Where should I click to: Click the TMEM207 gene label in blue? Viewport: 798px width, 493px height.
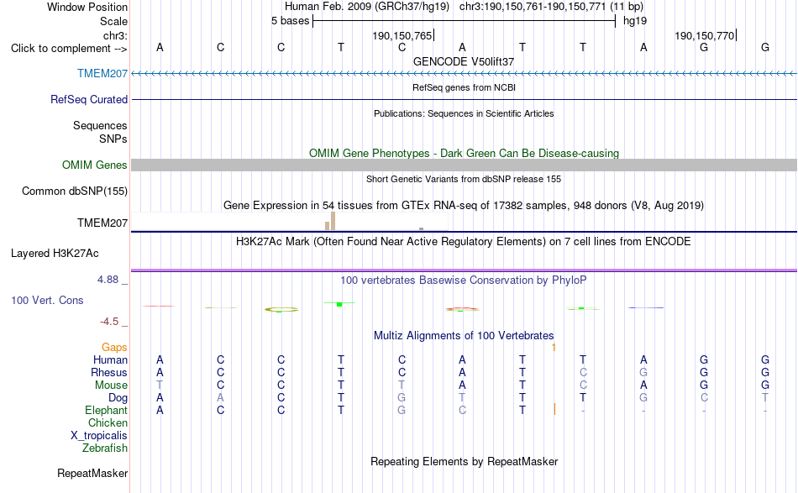(x=102, y=74)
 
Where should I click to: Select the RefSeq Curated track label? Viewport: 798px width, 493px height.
(x=89, y=100)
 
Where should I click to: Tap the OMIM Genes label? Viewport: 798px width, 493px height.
(x=95, y=165)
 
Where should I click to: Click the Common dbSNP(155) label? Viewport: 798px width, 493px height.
(x=75, y=191)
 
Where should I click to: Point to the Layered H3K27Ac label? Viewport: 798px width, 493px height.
(x=55, y=254)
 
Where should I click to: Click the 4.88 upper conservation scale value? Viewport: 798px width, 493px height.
(x=108, y=280)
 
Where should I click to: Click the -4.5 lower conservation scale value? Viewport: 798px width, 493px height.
(x=109, y=322)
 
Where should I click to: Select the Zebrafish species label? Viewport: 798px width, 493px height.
(x=105, y=448)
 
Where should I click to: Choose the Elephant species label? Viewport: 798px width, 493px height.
(x=107, y=411)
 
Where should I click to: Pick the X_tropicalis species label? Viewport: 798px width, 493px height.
(x=99, y=436)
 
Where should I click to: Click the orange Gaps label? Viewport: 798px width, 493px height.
(x=114, y=348)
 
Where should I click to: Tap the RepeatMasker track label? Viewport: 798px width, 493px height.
(x=92, y=474)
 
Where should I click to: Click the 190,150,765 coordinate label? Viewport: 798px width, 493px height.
(x=402, y=35)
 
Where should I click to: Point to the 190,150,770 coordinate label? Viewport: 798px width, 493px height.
(x=705, y=35)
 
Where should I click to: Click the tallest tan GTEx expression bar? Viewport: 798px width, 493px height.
(x=333, y=222)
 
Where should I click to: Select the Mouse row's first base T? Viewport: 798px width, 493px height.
(x=160, y=385)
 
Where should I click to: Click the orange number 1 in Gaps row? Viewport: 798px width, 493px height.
(x=554, y=348)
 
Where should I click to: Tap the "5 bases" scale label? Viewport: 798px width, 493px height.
(x=290, y=21)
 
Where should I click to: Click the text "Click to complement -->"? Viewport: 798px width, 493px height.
(x=69, y=49)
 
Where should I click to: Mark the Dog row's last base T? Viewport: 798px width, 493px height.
(x=765, y=398)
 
